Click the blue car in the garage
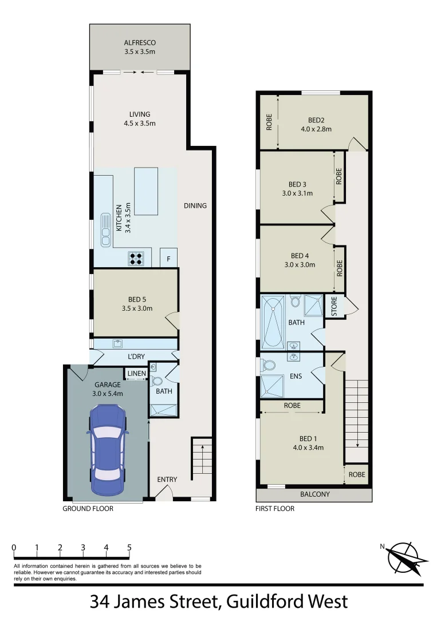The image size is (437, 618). tap(108, 450)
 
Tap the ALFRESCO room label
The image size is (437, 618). tap(140, 43)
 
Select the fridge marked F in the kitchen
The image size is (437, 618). tap(168, 258)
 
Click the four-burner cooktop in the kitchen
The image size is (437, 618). tap(136, 258)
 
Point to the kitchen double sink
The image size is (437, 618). tap(106, 229)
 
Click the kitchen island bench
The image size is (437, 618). tap(146, 191)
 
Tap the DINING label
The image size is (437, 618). tap(195, 206)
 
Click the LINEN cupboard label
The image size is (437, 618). tap(136, 374)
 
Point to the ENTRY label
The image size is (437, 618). tap(167, 480)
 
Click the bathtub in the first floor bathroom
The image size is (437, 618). tap(273, 322)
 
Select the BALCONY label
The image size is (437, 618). tap(315, 494)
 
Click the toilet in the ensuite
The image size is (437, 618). tap(267, 365)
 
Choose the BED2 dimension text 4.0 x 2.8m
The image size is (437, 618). tap(316, 129)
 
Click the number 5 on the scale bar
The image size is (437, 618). tap(129, 548)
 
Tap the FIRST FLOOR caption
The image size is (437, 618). tap(275, 509)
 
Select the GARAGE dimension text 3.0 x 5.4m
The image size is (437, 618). tap(108, 393)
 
